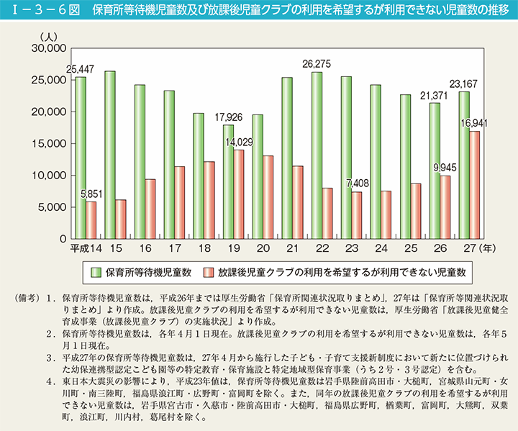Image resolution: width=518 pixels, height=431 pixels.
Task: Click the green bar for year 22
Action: click(x=317, y=155)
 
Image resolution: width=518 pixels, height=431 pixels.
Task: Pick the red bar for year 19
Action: click(x=239, y=194)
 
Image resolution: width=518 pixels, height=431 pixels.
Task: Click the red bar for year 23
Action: click(x=357, y=215)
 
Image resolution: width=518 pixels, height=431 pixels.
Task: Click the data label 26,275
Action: click(x=317, y=64)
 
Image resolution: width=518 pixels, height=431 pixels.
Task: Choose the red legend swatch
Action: click(x=209, y=272)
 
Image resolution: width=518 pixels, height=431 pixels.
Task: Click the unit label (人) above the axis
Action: click(x=51, y=36)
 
